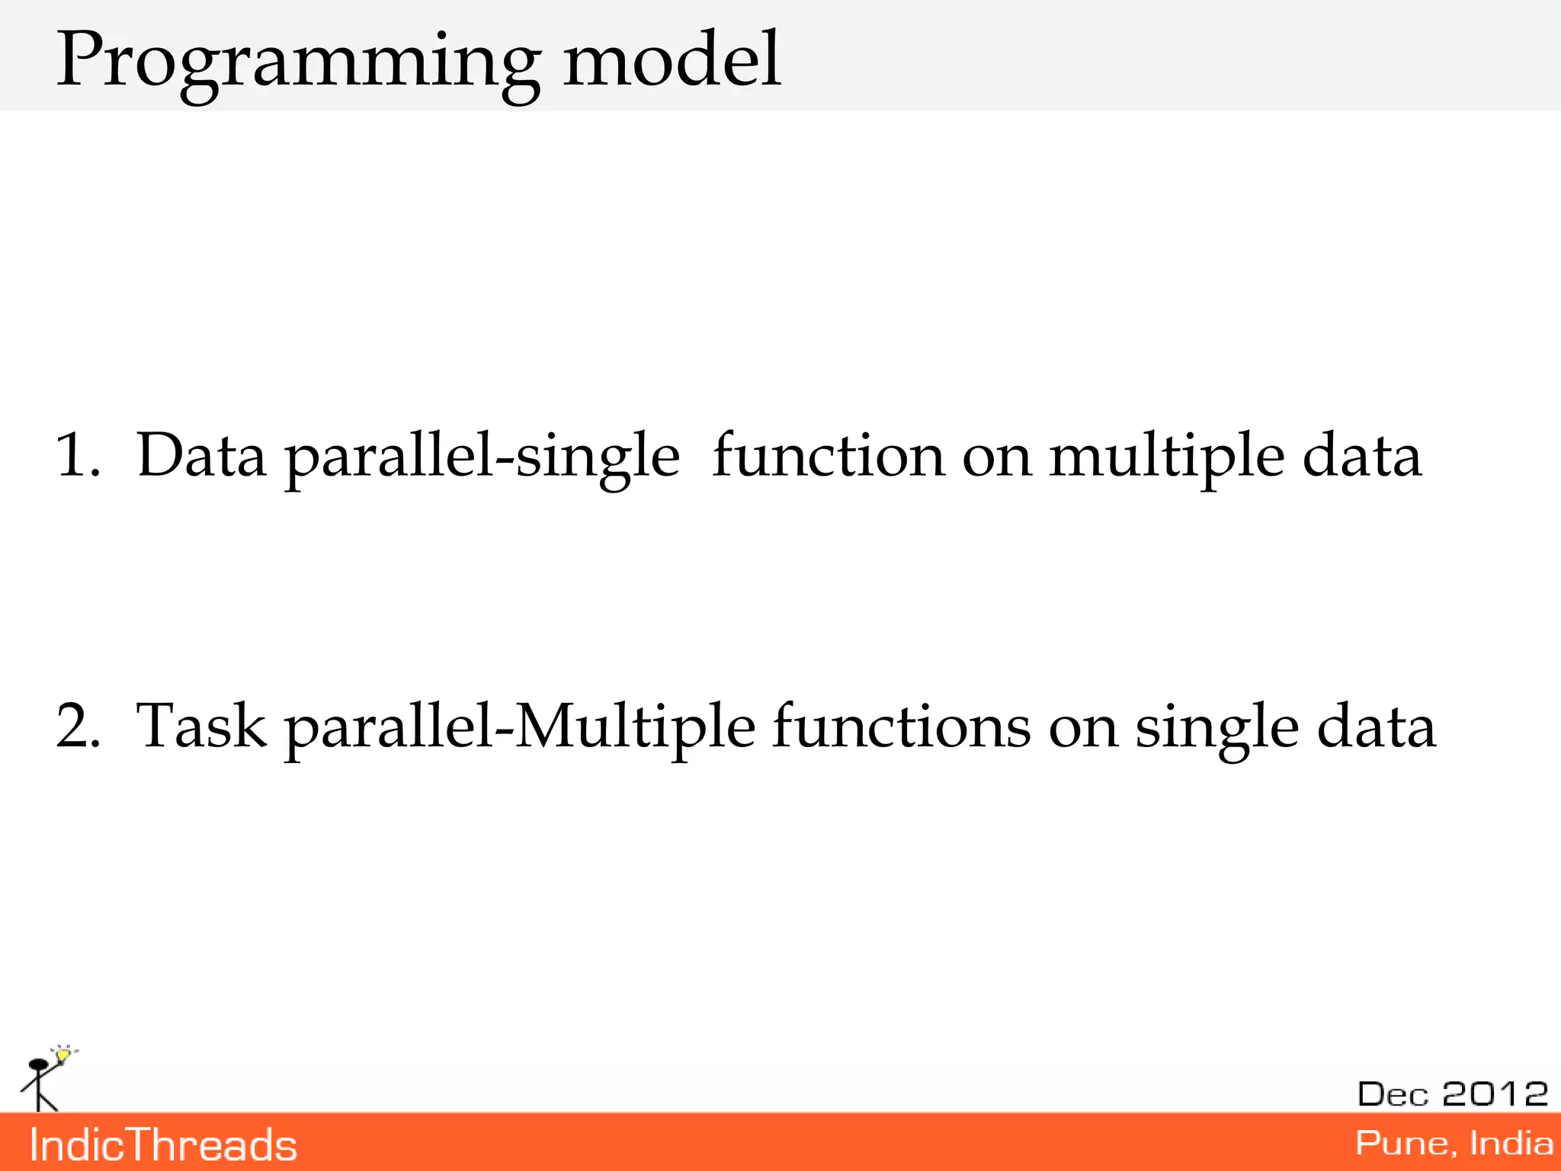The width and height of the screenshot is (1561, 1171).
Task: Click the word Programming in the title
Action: pyautogui.click(x=298, y=61)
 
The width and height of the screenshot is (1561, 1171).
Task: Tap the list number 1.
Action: pyautogui.click(x=77, y=455)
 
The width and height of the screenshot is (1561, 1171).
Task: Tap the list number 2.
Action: pyautogui.click(x=78, y=726)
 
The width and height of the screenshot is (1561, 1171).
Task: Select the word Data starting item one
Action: pyautogui.click(x=201, y=455)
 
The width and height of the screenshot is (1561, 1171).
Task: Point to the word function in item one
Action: pyautogui.click(x=829, y=455)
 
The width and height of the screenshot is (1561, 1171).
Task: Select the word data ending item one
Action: pyautogui.click(x=1361, y=455)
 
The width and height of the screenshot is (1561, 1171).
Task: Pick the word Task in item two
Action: pyautogui.click(x=201, y=726)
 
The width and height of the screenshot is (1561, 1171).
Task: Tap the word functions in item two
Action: pyautogui.click(x=901, y=726)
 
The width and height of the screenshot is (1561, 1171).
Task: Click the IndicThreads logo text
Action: pyautogui.click(x=163, y=1145)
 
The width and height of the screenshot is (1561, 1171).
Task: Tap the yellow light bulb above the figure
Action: pyautogui.click(x=63, y=1055)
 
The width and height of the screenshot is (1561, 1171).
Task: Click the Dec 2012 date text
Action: pyautogui.click(x=1452, y=1094)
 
